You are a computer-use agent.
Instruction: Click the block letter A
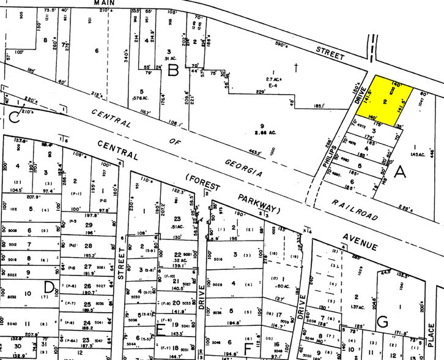point(399,173)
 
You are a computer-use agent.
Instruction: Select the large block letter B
point(173,70)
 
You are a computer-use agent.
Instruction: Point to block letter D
point(49,286)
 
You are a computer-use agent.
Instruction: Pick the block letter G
point(382,320)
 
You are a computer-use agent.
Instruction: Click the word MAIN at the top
point(105,3)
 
